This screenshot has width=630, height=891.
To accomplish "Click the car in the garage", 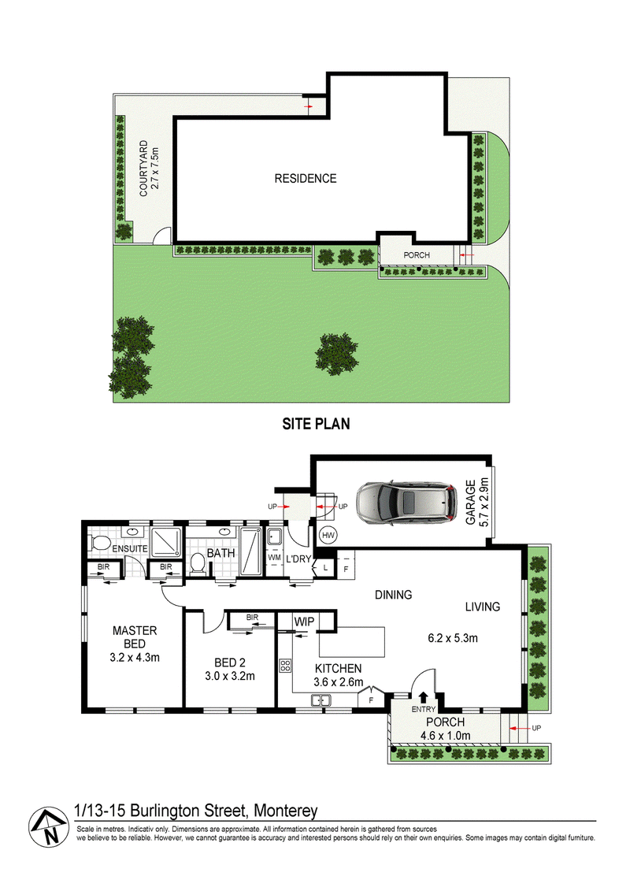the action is pos(406,503).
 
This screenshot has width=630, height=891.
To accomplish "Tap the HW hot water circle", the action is pos(328,535).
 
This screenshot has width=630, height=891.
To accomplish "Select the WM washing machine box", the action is pos(274,558).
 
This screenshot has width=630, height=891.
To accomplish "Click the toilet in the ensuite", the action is pos(99,543).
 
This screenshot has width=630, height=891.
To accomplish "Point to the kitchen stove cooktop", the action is pos(285,665).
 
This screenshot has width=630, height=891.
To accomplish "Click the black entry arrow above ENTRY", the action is pos(423,696).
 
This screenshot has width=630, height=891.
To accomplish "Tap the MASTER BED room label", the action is pos(135,637).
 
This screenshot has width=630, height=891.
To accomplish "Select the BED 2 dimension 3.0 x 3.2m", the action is pos(229,676).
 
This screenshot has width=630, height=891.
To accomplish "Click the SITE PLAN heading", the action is pos(316,424).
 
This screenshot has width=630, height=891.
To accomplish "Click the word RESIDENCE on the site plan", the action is pos(306,178).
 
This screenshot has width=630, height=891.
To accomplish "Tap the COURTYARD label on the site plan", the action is pos(144,169).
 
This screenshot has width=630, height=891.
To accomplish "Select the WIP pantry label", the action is pos(304,622).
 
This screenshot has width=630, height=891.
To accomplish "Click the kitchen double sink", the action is pos(321,700).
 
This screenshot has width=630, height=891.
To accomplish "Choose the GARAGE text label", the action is pos(470,503).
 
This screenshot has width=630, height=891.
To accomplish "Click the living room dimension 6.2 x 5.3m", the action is pos(453,638).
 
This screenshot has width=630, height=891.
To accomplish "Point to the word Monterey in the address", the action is pos(285,811).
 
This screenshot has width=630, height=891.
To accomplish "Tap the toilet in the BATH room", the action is pos(198,563).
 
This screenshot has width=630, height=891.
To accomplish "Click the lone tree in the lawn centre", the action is pos(337,354).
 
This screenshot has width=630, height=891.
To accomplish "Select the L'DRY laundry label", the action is pos(298,559).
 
